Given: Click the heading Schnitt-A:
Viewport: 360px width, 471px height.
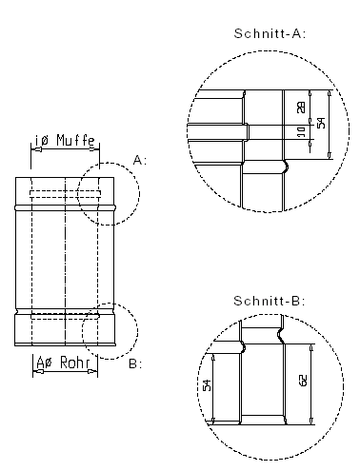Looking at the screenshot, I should pos(269,33).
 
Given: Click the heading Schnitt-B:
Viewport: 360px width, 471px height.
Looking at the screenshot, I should pos(269,301).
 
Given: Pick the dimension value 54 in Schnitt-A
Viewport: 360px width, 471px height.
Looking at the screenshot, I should pos(320,124).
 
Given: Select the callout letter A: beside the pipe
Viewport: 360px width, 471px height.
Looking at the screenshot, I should pos(140,161).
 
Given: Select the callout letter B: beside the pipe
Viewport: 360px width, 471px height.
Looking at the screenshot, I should pos(134,363).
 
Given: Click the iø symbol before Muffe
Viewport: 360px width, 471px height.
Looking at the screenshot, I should pos(42,141).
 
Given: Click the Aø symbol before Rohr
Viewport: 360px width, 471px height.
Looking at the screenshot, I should pos(44,363).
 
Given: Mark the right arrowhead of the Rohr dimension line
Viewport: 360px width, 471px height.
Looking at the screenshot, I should pos(97,372).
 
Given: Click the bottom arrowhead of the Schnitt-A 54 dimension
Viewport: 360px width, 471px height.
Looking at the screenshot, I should pos(329,155).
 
